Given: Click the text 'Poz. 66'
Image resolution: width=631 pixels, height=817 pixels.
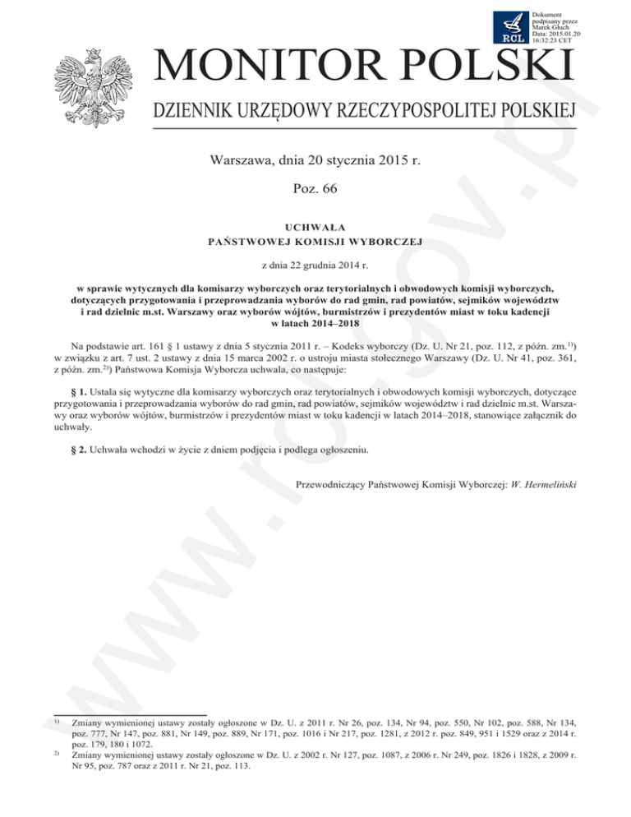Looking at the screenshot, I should click(x=315, y=189).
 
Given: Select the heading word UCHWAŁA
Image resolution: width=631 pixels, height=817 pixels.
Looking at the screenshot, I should click(x=315, y=226).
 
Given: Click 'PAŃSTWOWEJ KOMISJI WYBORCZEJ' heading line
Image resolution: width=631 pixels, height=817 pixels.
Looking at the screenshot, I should click(x=315, y=241).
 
